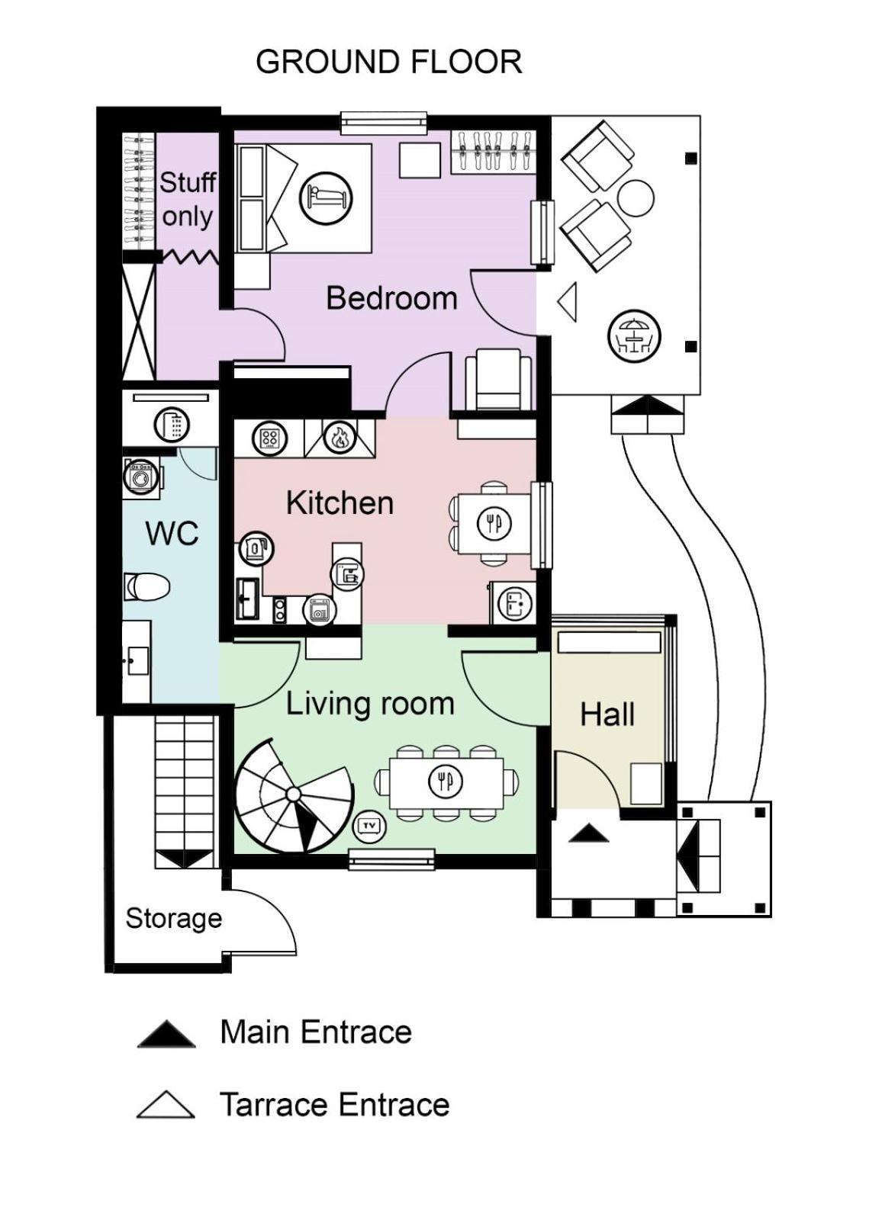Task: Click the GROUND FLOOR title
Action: tap(388, 62)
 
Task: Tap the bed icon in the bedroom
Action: tap(326, 198)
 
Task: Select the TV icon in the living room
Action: tap(370, 825)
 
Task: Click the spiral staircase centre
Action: tap(293, 795)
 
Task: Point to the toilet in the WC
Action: tap(146, 587)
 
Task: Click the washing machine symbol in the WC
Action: tap(140, 478)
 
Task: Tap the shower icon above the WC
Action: tap(172, 425)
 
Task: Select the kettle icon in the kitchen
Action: tap(256, 547)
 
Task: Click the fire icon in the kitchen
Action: tap(339, 438)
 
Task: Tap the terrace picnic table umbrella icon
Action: tap(634, 336)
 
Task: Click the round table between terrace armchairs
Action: tap(635, 198)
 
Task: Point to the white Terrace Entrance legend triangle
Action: tap(166, 1106)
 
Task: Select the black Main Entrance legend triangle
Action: tap(166, 1034)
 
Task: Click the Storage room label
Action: tap(173, 918)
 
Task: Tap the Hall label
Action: tap(607, 714)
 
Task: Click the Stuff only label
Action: tap(187, 199)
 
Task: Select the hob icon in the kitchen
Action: tap(269, 438)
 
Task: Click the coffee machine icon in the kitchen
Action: tap(348, 574)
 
